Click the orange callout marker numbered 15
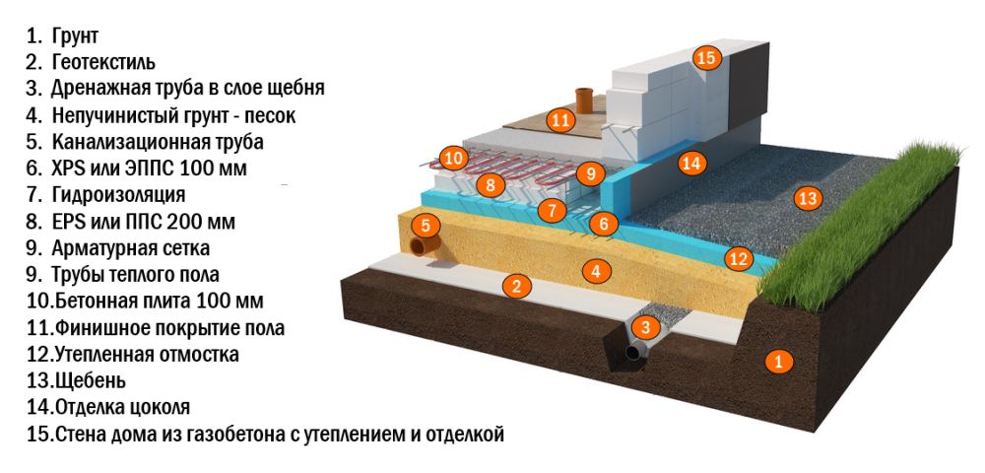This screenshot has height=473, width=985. [706, 57]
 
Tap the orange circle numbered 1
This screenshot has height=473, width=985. [778, 362]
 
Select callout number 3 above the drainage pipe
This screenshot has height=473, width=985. [644, 327]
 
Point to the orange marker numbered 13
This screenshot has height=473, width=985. [808, 199]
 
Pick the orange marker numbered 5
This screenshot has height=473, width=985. [424, 225]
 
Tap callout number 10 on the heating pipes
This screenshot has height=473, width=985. [452, 157]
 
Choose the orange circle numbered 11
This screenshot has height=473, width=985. [560, 120]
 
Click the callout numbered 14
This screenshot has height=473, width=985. [692, 163]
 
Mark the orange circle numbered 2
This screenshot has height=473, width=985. [513, 287]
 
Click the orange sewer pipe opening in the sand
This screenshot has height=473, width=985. [425, 246]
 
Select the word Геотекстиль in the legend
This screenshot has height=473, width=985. [103, 62]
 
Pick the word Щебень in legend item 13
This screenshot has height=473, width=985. [90, 380]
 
